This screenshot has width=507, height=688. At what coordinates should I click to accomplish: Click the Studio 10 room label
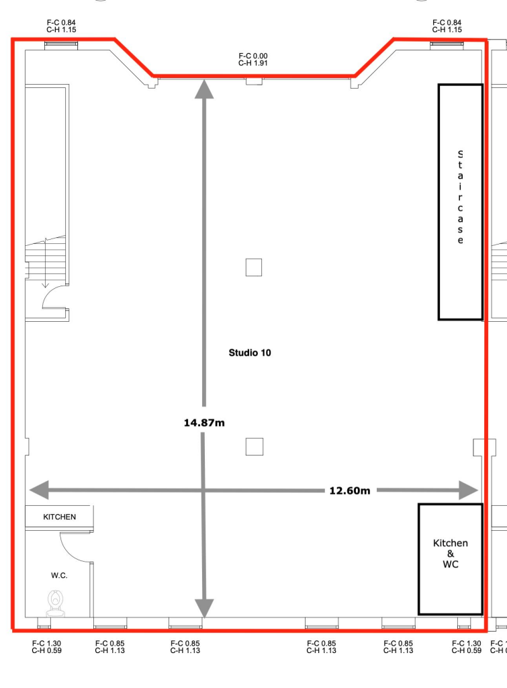click(x=250, y=352)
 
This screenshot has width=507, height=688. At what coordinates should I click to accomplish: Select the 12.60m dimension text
click(x=350, y=490)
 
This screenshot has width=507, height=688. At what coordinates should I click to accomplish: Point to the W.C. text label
click(x=59, y=576)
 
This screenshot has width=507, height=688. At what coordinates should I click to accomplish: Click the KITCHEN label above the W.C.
click(x=59, y=517)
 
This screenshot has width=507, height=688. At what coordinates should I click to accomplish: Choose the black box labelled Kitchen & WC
click(x=451, y=558)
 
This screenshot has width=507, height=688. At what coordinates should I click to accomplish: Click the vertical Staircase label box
click(x=460, y=201)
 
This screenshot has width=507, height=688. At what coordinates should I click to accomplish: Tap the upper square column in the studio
click(x=253, y=267)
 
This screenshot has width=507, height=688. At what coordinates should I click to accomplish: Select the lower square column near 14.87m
click(x=254, y=446)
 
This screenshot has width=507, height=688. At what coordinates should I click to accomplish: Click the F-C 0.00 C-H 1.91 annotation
click(x=253, y=59)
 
